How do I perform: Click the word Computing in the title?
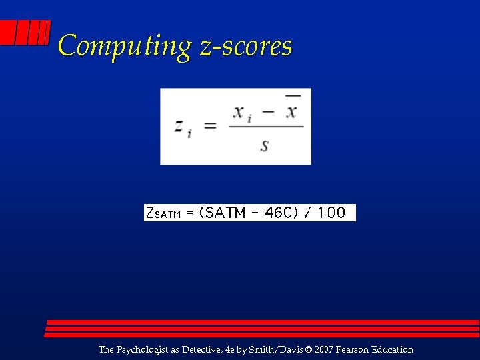125,47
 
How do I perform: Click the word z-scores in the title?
245,47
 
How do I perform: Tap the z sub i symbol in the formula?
182,127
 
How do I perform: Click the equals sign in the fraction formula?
210,126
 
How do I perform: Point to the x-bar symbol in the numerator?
291,110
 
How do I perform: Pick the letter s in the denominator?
265,144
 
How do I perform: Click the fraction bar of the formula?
266,127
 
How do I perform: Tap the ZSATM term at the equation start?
163,213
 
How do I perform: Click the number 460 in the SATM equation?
279,213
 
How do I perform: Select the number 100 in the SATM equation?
331,213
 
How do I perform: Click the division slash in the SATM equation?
308,213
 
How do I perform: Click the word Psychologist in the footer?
143,350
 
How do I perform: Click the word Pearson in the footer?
353,349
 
